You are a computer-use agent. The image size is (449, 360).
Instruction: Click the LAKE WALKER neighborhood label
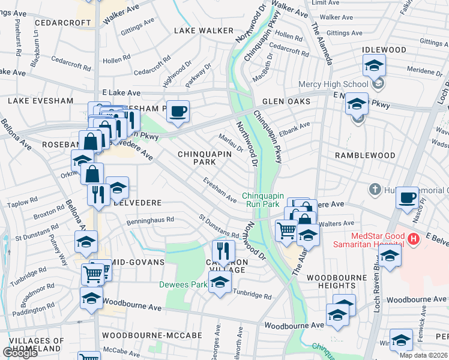[x=203, y=31]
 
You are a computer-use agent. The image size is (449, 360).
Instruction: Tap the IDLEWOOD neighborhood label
[x=385, y=50]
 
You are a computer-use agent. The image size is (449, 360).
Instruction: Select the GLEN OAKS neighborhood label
[x=286, y=101]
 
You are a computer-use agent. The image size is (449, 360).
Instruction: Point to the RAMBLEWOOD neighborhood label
[x=365, y=155]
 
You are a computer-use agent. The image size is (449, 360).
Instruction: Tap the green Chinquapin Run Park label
[x=261, y=200]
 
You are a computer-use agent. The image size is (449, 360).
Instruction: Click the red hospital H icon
[x=412, y=239]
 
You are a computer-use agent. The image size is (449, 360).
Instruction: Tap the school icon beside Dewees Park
[x=220, y=281]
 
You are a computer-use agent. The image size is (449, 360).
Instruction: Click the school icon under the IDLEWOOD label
[x=374, y=65]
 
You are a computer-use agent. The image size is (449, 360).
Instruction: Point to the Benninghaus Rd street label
[x=150, y=220]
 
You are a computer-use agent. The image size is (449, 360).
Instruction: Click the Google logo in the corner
[x=20, y=352]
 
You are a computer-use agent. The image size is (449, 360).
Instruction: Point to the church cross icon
[x=375, y=190]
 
